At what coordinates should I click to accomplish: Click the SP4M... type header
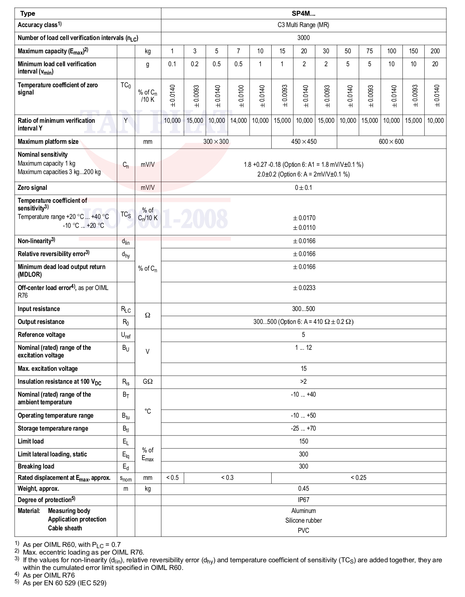point(304,13)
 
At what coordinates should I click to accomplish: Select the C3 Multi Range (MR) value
point(304,25)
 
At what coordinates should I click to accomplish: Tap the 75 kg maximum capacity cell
point(369,51)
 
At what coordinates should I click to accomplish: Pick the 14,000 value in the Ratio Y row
point(239,120)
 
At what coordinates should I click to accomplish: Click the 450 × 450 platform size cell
point(304,141)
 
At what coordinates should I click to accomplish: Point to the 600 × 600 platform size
point(391,141)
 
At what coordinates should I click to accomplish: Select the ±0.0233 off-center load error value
point(304,288)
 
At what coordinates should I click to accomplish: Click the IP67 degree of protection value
point(304,500)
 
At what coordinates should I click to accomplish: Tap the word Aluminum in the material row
point(304,511)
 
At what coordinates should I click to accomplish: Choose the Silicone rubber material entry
point(304,521)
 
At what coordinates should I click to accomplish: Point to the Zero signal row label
point(32,188)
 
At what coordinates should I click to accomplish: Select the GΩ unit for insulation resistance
point(148,382)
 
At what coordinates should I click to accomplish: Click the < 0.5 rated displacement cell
point(172,478)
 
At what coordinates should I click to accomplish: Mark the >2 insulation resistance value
point(304,382)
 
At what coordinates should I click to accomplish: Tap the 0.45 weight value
point(304,489)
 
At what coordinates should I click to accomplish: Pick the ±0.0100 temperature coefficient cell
point(239,96)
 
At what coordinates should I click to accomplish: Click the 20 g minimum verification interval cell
point(435,64)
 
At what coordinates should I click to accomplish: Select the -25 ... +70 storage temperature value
point(304,429)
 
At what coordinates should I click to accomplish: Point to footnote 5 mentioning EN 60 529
point(65,583)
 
